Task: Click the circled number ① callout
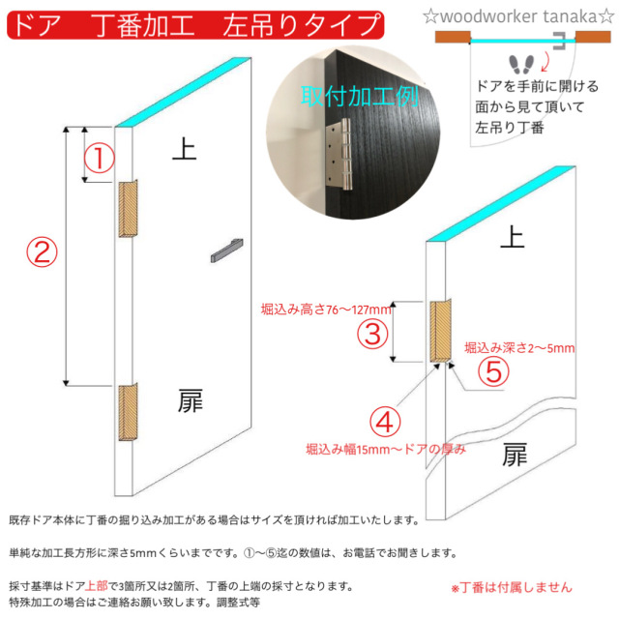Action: pyautogui.click(x=100, y=158)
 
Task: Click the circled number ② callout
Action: pyautogui.click(x=40, y=252)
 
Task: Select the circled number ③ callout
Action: pyautogui.click(x=374, y=334)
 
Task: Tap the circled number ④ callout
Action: pyautogui.click(x=385, y=422)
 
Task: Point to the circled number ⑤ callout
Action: pyautogui.click(x=493, y=370)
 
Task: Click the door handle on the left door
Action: pyautogui.click(x=225, y=250)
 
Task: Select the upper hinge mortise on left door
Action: pyautogui.click(x=130, y=208)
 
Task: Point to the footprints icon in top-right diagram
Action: pyautogui.click(x=522, y=65)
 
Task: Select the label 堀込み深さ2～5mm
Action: pyautogui.click(x=519, y=347)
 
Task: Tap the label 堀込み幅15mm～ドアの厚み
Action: pyautogui.click(x=385, y=449)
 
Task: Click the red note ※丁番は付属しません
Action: pyautogui.click(x=511, y=587)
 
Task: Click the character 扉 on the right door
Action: pyautogui.click(x=516, y=455)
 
